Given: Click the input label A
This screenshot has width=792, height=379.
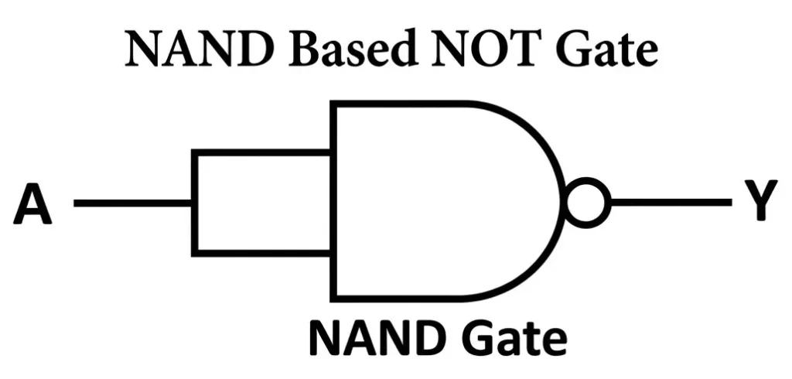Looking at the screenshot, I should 32,204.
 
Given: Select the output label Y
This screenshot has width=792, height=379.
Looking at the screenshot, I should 761,203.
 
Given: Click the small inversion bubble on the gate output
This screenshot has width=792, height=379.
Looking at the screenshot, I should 587,203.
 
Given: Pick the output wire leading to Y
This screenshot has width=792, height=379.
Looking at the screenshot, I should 670,203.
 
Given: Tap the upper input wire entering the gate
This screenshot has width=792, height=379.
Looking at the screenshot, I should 263,153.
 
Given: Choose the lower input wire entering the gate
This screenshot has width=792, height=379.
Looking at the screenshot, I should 263,252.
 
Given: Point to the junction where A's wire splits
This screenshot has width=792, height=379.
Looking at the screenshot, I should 195,203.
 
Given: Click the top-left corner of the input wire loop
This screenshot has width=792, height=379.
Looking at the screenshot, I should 195,153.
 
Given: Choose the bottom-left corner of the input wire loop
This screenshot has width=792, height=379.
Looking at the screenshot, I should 195,252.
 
